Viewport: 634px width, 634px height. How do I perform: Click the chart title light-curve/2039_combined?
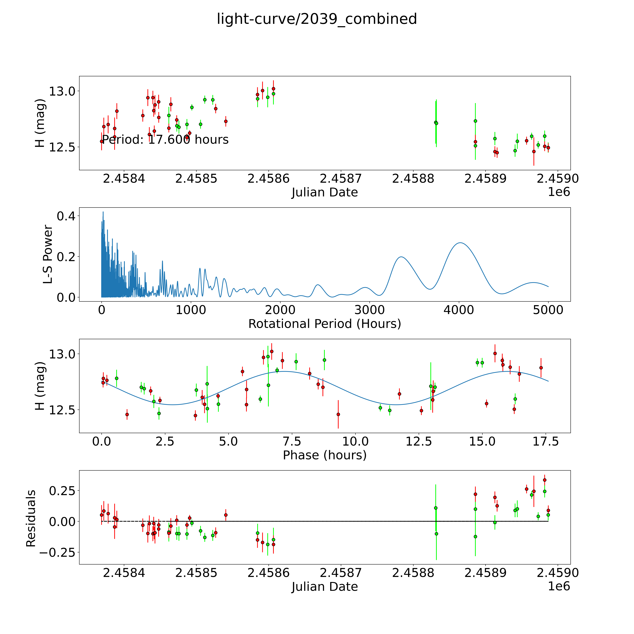tap(317, 19)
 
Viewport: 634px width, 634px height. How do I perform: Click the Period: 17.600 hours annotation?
tap(165, 140)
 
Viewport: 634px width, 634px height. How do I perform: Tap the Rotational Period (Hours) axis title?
tap(325, 324)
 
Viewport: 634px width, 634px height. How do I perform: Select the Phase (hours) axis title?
tap(325, 455)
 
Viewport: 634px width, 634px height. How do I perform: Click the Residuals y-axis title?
tap(31, 518)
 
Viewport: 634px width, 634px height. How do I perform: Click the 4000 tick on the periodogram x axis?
tap(459, 310)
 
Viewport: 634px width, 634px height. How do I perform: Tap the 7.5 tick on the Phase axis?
tap(292, 441)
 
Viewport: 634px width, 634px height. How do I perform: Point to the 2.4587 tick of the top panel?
tap(341, 179)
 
